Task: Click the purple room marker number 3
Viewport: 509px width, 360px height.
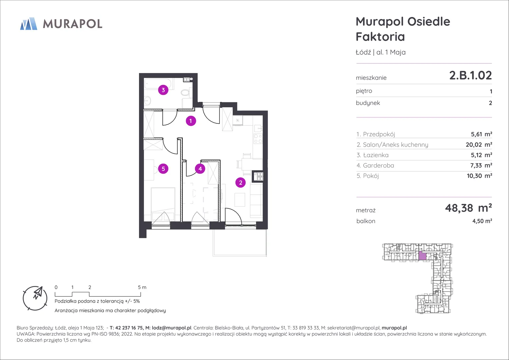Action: coord(163,90)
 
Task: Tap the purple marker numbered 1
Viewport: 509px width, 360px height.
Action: coord(191,121)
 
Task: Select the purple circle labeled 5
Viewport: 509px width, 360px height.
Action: coord(163,169)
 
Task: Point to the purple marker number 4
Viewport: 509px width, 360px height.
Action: coord(200,169)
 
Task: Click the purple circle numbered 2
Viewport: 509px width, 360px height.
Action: coord(240,183)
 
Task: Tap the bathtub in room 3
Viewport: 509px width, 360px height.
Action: coord(159,84)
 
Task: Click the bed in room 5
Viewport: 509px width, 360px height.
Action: coord(163,204)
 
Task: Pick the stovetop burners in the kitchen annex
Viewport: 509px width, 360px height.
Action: coord(258,139)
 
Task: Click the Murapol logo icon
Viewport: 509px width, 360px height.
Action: coord(29,24)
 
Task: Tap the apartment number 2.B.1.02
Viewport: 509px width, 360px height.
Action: coord(470,75)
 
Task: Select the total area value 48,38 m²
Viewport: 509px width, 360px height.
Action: coord(468,208)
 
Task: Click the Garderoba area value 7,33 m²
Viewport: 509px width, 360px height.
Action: coord(481,165)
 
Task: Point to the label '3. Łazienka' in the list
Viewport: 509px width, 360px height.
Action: coord(372,155)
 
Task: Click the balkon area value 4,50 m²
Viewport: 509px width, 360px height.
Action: coord(482,221)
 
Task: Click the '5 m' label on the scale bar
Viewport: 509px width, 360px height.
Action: coord(142,287)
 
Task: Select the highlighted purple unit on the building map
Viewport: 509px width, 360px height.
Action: coord(422,256)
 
